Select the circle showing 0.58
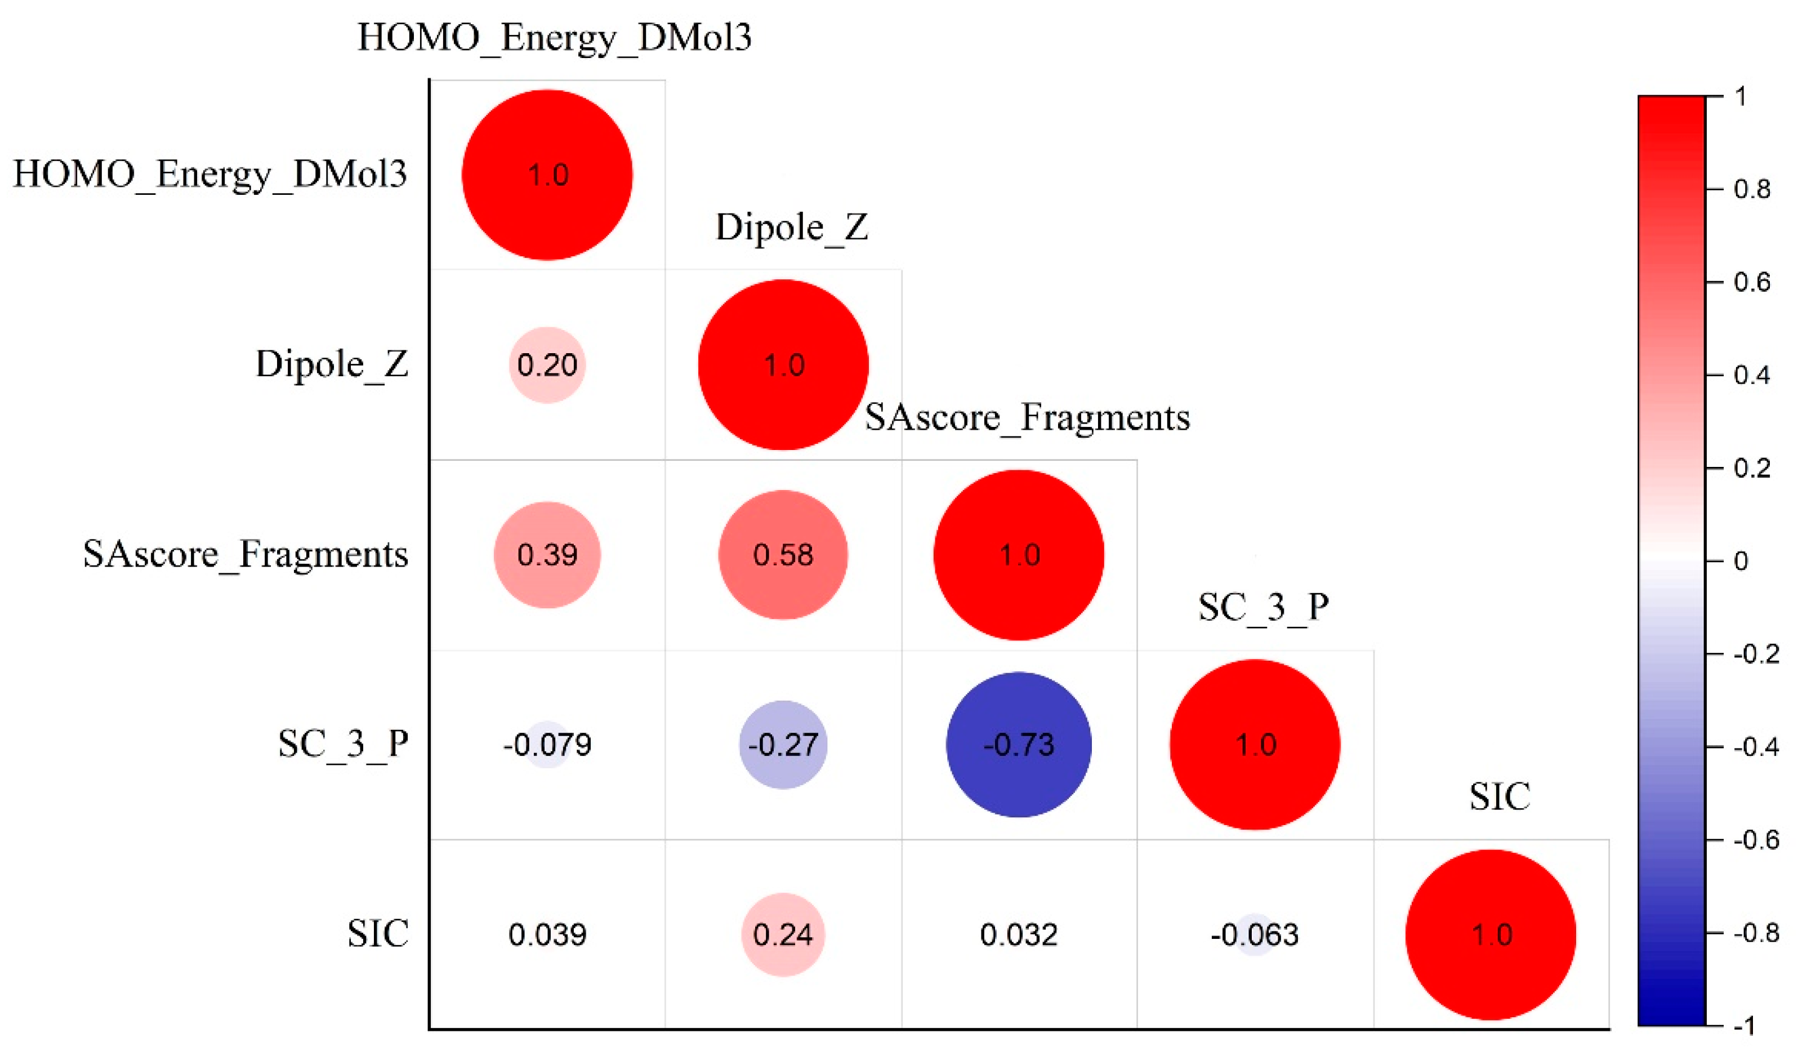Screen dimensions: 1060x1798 click(x=783, y=554)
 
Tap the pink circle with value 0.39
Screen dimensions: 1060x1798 click(x=547, y=554)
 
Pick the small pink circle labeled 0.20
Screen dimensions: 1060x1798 click(x=547, y=365)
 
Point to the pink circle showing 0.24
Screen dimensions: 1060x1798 click(x=783, y=934)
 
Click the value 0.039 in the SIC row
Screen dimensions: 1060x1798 click(x=547, y=934)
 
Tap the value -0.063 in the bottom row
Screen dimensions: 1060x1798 click(x=1255, y=934)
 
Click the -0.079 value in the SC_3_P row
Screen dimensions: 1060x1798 click(x=547, y=745)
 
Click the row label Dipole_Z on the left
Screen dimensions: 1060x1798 click(x=332, y=364)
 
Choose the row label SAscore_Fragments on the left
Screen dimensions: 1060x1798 click(x=246, y=554)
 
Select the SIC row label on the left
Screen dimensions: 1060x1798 click(x=378, y=934)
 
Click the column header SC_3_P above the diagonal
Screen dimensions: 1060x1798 click(x=1263, y=608)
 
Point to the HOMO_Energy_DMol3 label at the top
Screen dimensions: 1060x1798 click(x=554, y=38)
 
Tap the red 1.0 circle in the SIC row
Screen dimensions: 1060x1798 click(x=1491, y=934)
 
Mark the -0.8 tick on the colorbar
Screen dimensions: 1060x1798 click(x=1756, y=933)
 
